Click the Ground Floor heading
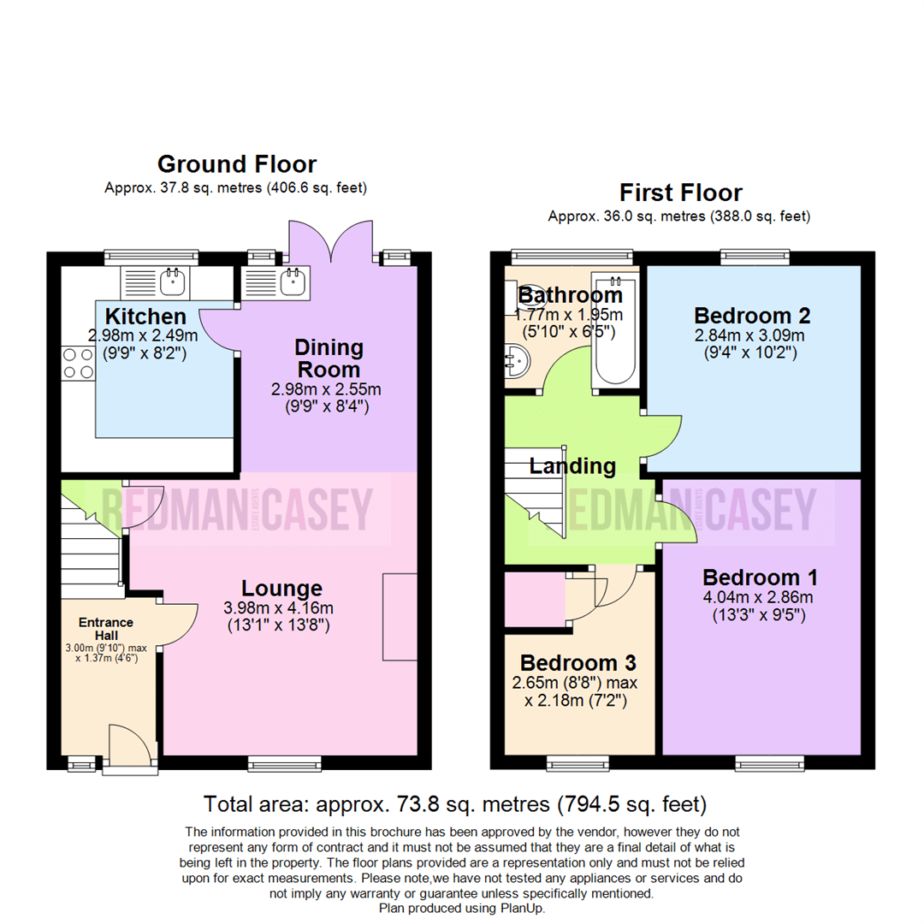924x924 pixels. (237, 164)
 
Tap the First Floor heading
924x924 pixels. (681, 192)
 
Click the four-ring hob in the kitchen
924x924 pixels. (77, 363)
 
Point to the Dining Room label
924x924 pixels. (329, 358)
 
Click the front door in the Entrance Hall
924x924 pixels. (130, 745)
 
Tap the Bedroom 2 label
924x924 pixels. (752, 314)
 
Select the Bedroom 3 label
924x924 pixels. (579, 663)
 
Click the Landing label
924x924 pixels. (572, 466)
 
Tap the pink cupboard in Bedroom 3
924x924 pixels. (534, 600)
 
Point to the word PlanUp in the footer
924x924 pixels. (519, 909)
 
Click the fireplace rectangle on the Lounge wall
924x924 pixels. (400, 616)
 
